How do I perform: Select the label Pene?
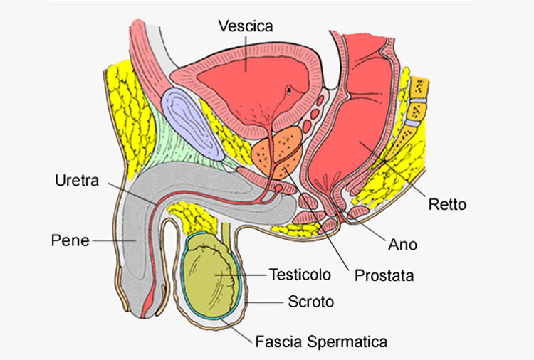pyautogui.click(x=70, y=240)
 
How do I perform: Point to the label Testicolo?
pyautogui.click(x=296, y=274)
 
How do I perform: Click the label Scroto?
pyautogui.click(x=310, y=302)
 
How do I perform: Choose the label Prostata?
pyautogui.click(x=384, y=273)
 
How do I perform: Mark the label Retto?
pyautogui.click(x=447, y=205)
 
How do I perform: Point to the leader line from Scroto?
pyautogui.click(x=267, y=302)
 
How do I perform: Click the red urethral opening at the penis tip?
pyautogui.click(x=149, y=306)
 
